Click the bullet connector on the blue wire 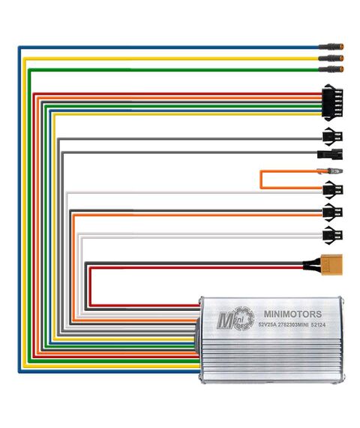[x=331, y=47]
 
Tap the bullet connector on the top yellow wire [x=331, y=58]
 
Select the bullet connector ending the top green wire [x=331, y=69]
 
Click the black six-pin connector [x=332, y=103]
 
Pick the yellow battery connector [x=331, y=264]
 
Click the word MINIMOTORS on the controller [x=292, y=314]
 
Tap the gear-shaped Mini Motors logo [x=235, y=318]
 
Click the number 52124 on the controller [x=318, y=325]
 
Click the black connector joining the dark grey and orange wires [x=332, y=212]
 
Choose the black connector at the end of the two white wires [x=332, y=235]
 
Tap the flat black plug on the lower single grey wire [x=330, y=154]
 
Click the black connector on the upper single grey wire [x=332, y=137]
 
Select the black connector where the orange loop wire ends [x=332, y=190]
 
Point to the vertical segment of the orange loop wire [x=261, y=179]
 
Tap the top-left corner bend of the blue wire [x=19, y=48]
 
